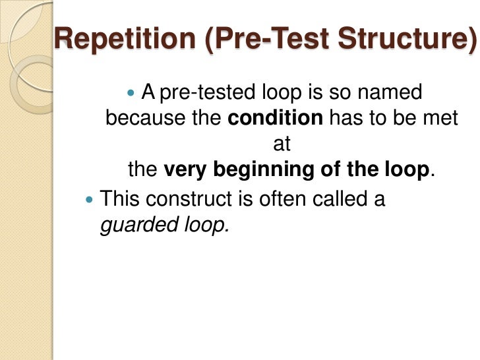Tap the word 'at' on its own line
coord(282,144)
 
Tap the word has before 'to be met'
coord(344,119)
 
